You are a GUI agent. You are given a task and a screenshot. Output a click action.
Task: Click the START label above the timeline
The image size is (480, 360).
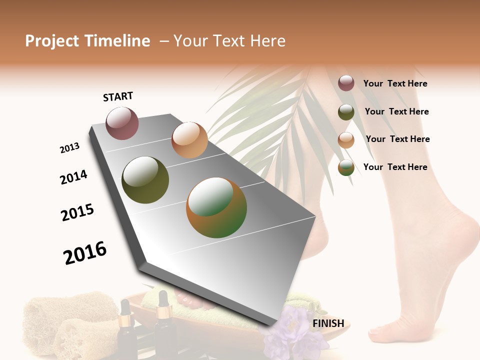click(118, 96)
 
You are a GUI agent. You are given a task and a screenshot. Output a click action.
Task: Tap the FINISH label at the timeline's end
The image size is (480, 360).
click(328, 323)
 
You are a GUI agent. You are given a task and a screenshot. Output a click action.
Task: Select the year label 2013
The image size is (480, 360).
click(69, 148)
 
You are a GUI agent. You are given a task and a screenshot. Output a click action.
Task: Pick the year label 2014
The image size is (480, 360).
click(74, 177)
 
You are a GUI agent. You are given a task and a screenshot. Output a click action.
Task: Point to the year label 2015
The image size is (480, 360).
click(77, 212)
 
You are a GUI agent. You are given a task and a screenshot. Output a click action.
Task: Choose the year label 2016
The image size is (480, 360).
click(85, 252)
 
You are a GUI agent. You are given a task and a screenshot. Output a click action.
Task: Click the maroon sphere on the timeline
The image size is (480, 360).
click(122, 123)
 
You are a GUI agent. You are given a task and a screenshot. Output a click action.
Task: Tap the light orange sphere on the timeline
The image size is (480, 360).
click(189, 140)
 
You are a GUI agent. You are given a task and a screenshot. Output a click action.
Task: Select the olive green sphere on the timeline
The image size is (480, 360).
click(145, 180)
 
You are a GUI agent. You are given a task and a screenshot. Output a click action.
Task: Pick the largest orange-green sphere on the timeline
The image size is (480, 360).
click(216, 207)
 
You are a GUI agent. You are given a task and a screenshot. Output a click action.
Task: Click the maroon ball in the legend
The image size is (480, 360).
click(346, 83)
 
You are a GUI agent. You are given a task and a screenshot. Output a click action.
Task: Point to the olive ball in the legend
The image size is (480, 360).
click(346, 112)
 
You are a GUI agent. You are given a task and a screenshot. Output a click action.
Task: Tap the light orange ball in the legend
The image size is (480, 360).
click(346, 140)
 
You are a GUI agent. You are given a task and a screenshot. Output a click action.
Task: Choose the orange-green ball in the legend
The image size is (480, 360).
click(346, 167)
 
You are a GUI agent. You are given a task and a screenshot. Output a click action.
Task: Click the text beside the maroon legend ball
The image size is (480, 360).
click(395, 83)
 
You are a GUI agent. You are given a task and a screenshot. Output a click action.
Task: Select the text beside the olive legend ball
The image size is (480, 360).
click(396, 111)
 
